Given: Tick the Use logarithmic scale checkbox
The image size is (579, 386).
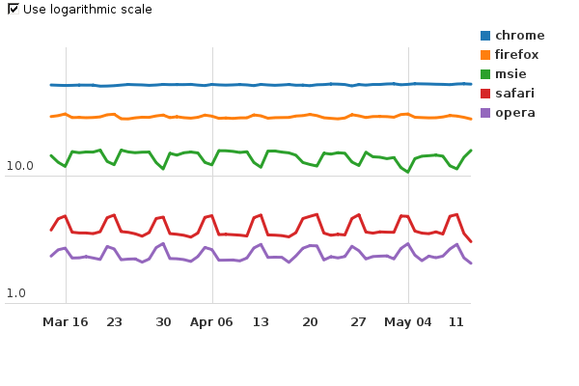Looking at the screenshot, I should [x=13, y=9].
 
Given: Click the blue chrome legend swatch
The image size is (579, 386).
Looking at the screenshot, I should [x=485, y=36].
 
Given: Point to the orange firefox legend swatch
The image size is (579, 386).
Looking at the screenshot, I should [x=485, y=55].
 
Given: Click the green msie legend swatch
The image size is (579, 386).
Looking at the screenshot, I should [x=485, y=74].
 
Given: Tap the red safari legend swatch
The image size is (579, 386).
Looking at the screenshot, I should [x=485, y=94].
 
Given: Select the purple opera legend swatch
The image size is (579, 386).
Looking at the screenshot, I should [x=485, y=113].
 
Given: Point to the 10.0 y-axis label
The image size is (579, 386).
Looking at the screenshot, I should [x=19, y=166].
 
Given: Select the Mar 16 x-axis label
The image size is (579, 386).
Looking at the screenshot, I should [x=66, y=321].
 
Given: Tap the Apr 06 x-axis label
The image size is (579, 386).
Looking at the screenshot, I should [x=212, y=321].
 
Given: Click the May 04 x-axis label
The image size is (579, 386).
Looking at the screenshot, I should [x=408, y=321].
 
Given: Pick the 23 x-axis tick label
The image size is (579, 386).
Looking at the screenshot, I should [x=115, y=321].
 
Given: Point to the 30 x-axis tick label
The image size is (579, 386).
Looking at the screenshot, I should [x=164, y=321].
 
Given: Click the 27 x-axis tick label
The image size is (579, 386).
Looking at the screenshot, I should [x=359, y=321].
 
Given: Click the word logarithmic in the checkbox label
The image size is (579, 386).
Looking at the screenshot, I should [x=83, y=10].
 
